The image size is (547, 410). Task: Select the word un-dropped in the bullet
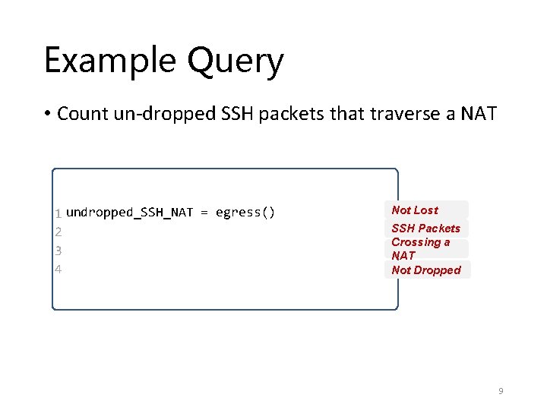point(154,115)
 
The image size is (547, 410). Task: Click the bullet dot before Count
point(47,115)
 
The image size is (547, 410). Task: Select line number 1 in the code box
point(58,213)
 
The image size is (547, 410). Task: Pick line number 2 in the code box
point(58,232)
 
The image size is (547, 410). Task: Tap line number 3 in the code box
point(58,250)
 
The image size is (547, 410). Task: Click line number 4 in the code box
point(58,269)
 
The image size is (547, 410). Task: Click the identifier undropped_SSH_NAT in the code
point(130,213)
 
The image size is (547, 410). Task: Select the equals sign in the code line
point(204,213)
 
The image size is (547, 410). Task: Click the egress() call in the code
point(245,213)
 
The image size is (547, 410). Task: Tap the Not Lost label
point(415,210)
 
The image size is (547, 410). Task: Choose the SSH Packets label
point(425,229)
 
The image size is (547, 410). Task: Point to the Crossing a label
point(420,242)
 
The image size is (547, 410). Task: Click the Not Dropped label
point(425,270)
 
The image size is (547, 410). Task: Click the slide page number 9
point(501,391)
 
